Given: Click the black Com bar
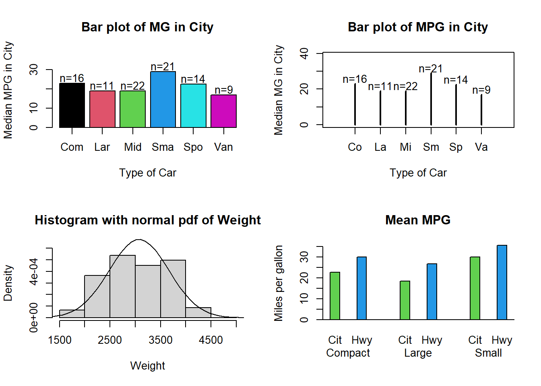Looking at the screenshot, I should point(72,105).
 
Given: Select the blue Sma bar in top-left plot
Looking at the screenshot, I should point(163,100).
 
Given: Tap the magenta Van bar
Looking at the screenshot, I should point(223,111).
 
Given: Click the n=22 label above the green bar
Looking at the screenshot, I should point(132,86).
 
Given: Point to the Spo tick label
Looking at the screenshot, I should point(193,147).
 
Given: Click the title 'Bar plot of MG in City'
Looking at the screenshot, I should point(147,27).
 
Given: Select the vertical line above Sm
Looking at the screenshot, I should point(431,99).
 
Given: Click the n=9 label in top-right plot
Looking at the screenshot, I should point(481,90).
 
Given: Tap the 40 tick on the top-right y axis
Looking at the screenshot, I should point(304,53).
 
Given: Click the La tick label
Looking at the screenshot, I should point(380,147).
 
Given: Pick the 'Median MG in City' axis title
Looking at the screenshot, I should point(279,90).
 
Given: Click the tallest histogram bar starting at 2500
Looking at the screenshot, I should point(122,286).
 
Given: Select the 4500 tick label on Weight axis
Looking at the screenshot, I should point(211,340).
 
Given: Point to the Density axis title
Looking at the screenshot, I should point(8,283).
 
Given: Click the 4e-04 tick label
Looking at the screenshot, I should point(34,271).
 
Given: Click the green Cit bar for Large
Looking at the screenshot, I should point(405,300).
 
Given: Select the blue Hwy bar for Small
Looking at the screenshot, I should point(502,282).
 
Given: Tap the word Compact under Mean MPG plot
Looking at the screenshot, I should point(348,353).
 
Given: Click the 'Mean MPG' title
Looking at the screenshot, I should point(418,220).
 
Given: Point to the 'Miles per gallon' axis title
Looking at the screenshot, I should point(279,283).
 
